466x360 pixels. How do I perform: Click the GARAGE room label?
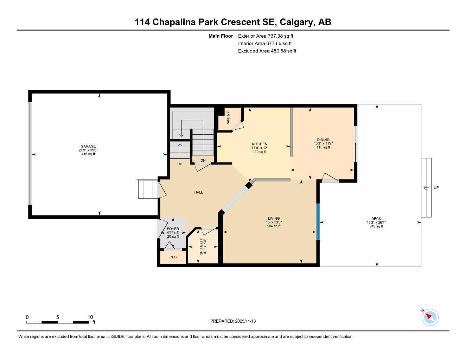pos(88,147)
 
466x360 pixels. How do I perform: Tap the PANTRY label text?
pos(228,118)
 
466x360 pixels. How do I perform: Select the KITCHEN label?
pos(260,144)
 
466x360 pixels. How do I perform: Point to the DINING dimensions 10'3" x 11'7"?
pos(323,143)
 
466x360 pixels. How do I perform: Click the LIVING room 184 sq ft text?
pos(274,226)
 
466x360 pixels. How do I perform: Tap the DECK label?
pos(376,219)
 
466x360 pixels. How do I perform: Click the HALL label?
pos(199,192)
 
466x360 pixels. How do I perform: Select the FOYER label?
pos(173,229)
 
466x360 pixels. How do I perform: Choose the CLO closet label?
pos(173,257)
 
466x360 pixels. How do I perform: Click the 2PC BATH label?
pos(201,246)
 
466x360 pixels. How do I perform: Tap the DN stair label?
pos(203,161)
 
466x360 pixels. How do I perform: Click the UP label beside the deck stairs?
pos(436,188)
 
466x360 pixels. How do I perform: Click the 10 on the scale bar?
pos(90,317)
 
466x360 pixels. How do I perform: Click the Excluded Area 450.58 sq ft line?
pos(267,51)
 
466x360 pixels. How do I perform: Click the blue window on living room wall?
pos(318,221)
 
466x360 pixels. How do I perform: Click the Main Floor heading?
pos(221,36)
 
